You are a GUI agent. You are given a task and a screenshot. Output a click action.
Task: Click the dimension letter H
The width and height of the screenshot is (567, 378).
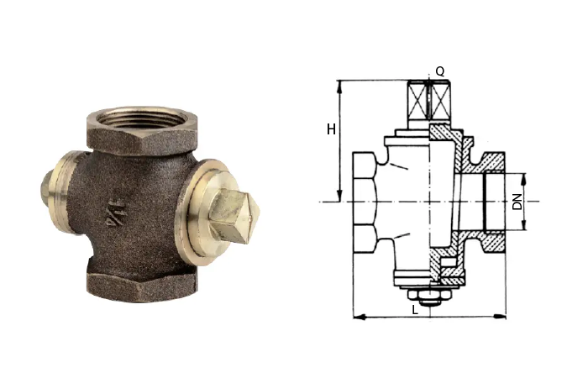coord(331,129)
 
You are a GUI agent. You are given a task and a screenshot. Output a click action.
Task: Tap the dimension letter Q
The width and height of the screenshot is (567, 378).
coord(439,71)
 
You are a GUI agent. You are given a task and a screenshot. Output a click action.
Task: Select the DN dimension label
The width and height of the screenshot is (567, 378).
coord(517,202)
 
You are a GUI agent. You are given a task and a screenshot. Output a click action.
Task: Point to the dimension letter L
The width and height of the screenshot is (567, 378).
coord(415,310)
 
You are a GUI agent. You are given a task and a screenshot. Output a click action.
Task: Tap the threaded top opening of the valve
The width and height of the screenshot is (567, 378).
coord(142,118)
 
